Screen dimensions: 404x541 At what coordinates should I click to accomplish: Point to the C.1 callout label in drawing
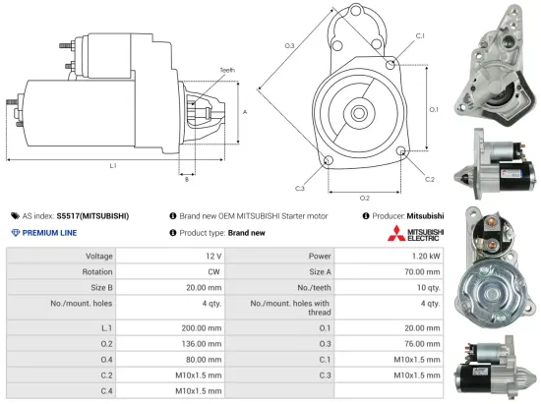(x=420, y=35)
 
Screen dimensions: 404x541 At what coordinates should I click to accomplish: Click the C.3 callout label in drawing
(x=299, y=187)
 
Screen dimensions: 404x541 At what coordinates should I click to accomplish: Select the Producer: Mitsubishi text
(x=404, y=214)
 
